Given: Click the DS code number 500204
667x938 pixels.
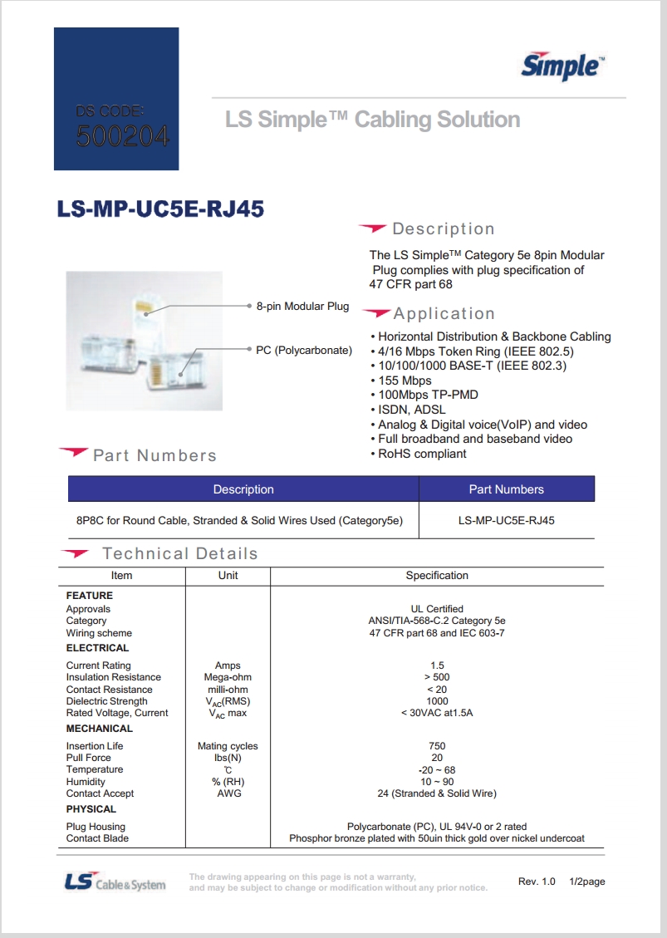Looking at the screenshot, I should pos(122,135).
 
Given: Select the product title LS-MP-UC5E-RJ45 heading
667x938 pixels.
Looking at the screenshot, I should pos(160,209).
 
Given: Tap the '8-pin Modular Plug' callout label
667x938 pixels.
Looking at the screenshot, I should pos(302,307).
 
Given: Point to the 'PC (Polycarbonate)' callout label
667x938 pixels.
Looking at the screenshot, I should pos(303,350).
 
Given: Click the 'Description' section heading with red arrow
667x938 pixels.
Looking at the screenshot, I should pos(443,229).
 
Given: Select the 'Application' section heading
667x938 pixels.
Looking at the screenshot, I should pos(444,314).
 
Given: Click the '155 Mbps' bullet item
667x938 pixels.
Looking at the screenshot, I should pos(405,381).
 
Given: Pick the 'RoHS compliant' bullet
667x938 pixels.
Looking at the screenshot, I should pos(422,454).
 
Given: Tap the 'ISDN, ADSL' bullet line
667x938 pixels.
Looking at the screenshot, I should pos(411,410).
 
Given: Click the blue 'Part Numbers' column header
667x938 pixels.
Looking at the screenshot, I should pos(506,489).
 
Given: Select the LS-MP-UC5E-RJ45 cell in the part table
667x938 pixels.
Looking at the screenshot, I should pos(506,521).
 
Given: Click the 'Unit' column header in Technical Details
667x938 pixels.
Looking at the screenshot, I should pos(228,575).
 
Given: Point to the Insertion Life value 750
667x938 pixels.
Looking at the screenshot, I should pos(437,746).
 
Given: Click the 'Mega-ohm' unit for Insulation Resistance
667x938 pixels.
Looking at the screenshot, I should pos(228,677).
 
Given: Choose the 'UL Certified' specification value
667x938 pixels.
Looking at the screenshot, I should pos(437,609).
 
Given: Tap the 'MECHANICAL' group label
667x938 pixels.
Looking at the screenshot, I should pos(99,729).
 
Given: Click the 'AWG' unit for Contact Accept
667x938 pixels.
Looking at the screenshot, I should pos(228,793).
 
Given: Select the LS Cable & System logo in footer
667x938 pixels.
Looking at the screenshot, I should pos(115,882).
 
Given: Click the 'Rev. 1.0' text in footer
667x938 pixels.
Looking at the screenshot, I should pos(537,882).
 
